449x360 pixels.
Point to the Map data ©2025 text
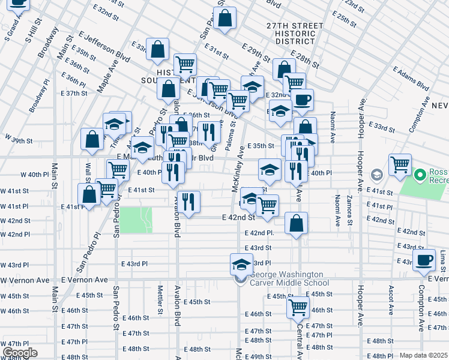pos(424,355)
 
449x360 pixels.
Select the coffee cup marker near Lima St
pos(424,260)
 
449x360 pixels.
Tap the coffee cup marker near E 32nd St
pos(302,100)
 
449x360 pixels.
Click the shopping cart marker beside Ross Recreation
pos(400,164)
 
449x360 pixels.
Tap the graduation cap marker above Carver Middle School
pos(241,265)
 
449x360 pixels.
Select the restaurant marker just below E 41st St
pos(189,202)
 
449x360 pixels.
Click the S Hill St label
pos(32,31)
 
